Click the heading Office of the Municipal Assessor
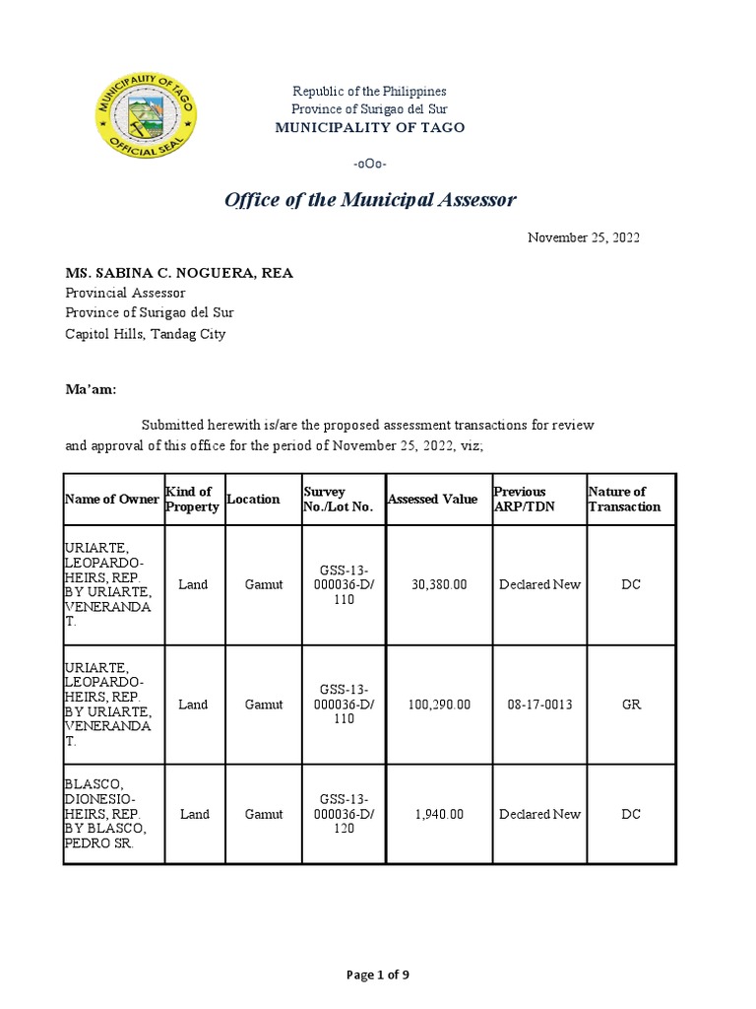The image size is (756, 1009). point(370,200)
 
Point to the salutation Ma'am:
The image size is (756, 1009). point(91,389)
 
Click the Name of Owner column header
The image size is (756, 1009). point(111,500)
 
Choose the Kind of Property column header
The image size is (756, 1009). point(189,500)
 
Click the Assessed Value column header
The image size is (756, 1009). point(432,500)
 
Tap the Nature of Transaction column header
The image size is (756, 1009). point(624,500)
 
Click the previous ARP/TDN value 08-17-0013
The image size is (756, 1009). point(539,705)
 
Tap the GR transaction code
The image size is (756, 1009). point(630,705)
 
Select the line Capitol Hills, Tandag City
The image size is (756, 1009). point(146,333)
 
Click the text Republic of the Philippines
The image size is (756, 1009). point(370,91)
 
